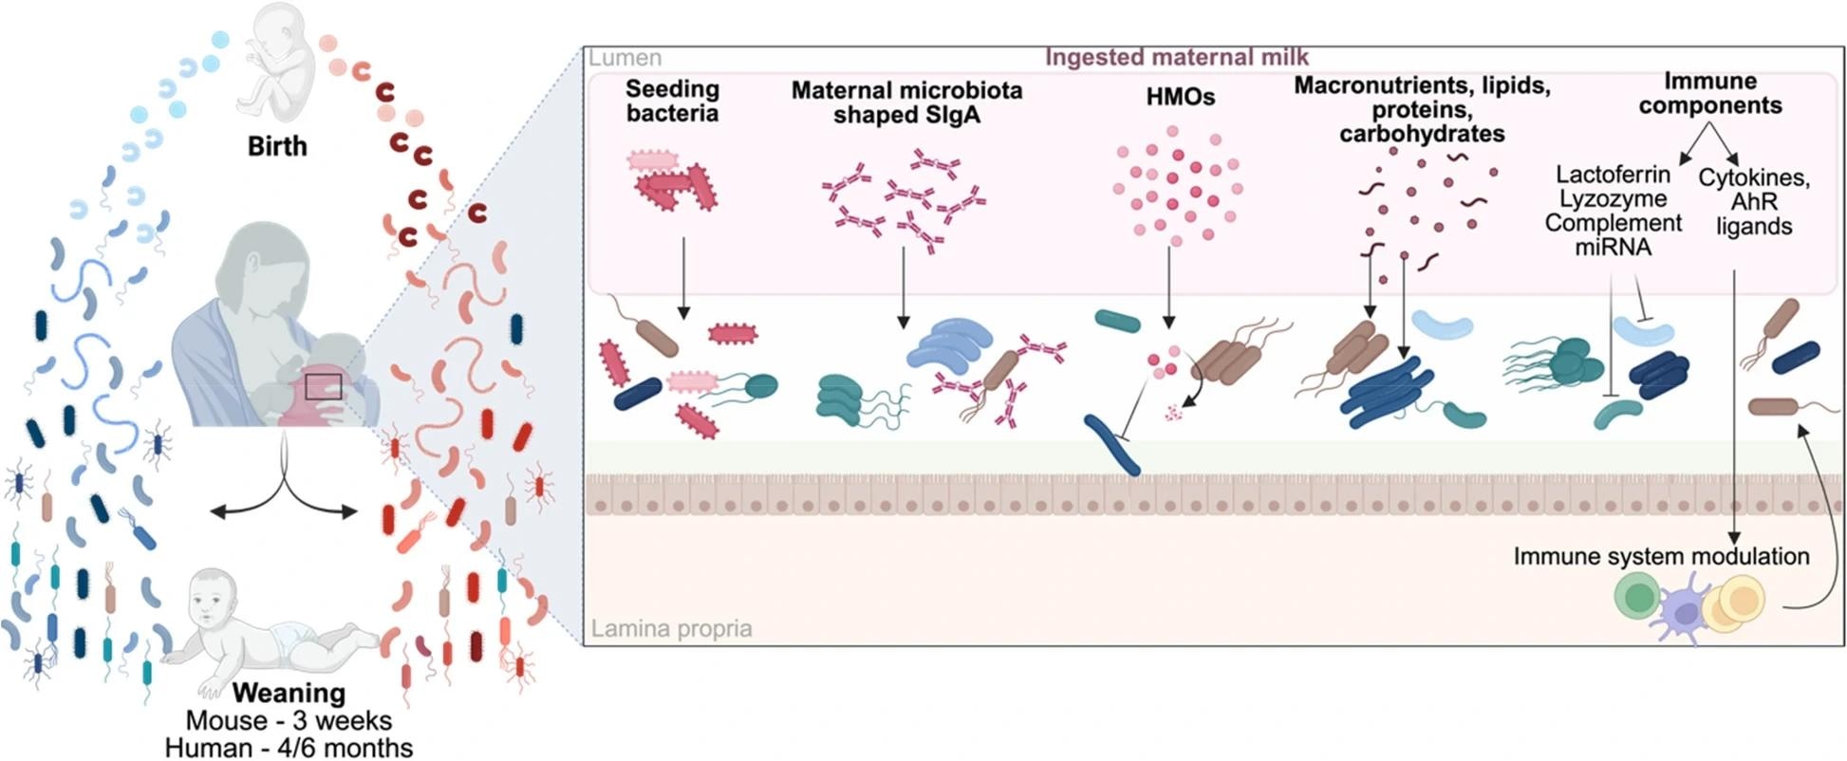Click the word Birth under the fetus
(x=277, y=146)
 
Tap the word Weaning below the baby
(x=289, y=693)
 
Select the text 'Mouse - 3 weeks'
(x=289, y=720)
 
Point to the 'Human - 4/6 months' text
(x=289, y=748)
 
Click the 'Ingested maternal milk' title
(x=1177, y=57)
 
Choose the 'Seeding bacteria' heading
(x=672, y=102)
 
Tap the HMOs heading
(x=1180, y=97)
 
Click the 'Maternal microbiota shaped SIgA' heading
(x=906, y=102)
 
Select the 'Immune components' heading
(x=1710, y=93)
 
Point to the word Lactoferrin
(x=1613, y=175)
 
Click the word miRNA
(x=1613, y=248)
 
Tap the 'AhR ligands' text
(x=1754, y=213)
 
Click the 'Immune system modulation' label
(x=1661, y=556)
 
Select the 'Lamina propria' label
(x=671, y=628)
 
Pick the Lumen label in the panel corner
(x=625, y=58)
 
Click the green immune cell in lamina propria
(x=1637, y=599)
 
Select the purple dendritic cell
(x=1683, y=613)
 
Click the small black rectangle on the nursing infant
(x=323, y=387)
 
